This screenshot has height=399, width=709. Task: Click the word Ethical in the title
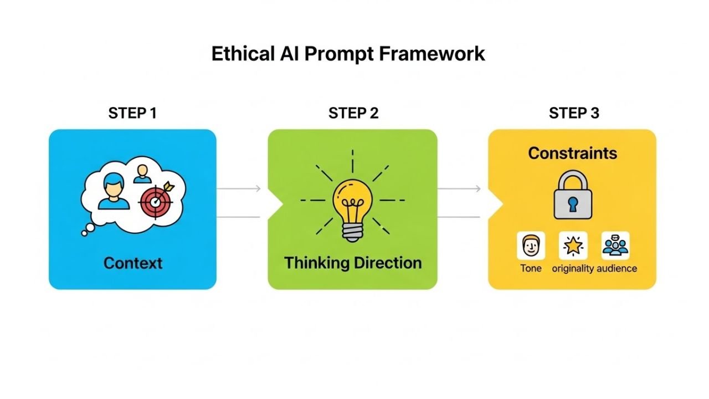[243, 54]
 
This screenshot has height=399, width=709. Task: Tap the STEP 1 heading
[132, 113]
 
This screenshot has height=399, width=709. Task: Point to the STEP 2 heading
[353, 113]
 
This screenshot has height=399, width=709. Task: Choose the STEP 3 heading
[574, 113]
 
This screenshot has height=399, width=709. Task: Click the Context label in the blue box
[133, 262]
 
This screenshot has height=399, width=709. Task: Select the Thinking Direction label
[353, 262]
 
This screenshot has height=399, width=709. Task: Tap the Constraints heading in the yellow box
[572, 153]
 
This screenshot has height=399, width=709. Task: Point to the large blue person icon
[114, 191]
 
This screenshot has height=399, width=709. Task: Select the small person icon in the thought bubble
[143, 173]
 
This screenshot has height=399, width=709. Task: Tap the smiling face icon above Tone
[531, 245]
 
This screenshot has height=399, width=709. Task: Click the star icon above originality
[573, 245]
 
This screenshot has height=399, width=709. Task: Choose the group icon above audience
[615, 245]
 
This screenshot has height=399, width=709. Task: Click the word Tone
[531, 268]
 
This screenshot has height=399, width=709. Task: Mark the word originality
[573, 268]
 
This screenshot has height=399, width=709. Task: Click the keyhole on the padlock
[573, 203]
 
